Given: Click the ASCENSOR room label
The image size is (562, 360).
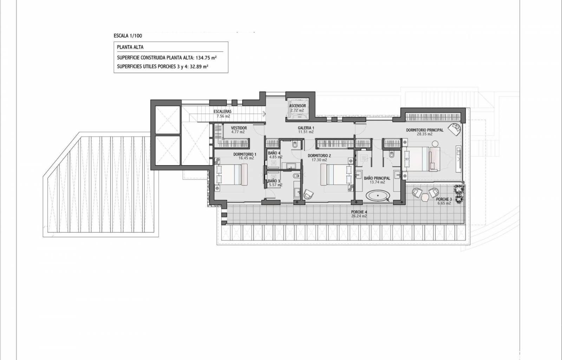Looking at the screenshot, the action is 298,106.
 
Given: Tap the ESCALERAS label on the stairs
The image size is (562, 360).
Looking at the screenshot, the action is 223,111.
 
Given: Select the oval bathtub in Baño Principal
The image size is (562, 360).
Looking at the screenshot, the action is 378,196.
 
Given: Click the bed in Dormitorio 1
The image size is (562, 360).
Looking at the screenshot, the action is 231,174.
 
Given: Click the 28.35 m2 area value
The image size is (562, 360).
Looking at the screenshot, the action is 425,134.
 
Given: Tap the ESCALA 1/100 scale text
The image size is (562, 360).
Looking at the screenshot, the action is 128,36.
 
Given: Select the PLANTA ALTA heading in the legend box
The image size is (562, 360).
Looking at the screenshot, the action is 130,47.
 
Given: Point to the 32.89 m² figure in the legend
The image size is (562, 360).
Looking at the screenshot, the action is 199,66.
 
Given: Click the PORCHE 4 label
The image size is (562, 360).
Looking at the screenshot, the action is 359,212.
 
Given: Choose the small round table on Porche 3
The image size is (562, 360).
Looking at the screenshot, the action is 425,198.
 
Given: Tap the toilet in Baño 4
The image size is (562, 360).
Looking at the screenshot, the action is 295,144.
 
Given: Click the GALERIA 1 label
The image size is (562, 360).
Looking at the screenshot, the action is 306,128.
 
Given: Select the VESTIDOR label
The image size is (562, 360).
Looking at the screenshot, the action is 239,128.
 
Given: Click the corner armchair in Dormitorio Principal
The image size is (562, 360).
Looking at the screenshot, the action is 455,129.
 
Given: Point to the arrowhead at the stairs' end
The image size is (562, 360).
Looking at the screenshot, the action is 264,114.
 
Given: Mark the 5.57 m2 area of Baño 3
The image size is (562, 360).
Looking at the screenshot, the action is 275,185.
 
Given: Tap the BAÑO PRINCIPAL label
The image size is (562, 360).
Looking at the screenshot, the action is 377,178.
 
